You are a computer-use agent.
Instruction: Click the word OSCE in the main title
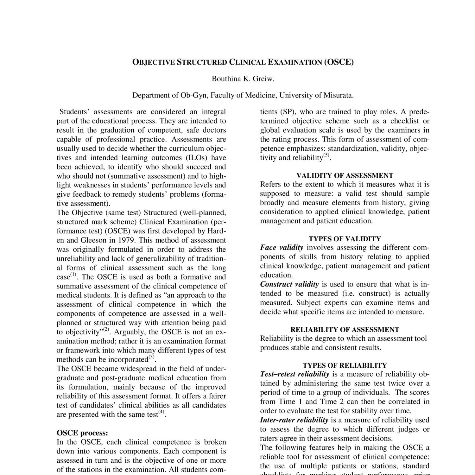click(x=339, y=62)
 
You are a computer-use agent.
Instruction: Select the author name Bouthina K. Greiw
click(x=243, y=79)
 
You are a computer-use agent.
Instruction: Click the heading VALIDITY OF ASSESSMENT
click(x=345, y=175)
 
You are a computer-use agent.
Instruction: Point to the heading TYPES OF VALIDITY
click(x=345, y=239)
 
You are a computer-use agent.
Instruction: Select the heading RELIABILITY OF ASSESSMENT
click(x=345, y=330)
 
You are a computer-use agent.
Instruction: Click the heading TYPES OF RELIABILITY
click(x=345, y=365)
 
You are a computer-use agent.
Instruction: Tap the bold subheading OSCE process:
click(x=82, y=433)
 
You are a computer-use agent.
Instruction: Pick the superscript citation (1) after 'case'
click(x=73, y=275)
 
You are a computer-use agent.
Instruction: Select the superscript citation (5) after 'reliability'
click(x=326, y=155)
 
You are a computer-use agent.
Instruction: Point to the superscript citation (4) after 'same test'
click(x=161, y=412)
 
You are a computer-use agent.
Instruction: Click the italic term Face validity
click(x=282, y=248)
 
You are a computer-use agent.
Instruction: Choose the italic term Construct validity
click(x=289, y=284)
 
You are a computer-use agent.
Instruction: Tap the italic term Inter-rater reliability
click(x=294, y=420)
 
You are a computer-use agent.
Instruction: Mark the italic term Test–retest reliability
click(x=295, y=374)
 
